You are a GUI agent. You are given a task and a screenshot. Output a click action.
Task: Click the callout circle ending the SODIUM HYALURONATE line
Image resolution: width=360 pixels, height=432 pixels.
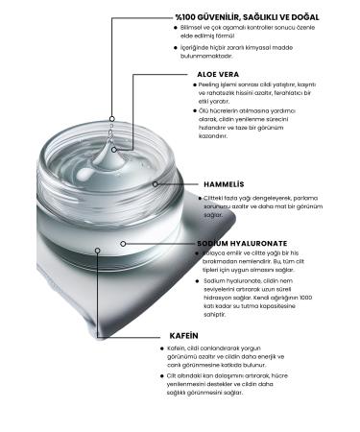pyautogui.click(x=123, y=244)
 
